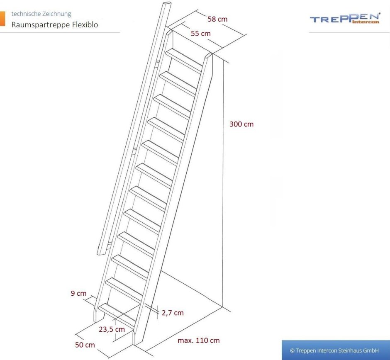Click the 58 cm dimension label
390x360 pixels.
(217, 19)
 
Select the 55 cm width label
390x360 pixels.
(201, 33)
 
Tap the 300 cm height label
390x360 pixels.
(241, 124)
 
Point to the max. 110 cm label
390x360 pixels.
(198, 341)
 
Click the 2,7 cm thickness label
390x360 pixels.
(173, 313)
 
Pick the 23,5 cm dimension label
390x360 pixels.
(112, 329)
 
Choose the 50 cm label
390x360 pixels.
(85, 345)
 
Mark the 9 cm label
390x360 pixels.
(78, 293)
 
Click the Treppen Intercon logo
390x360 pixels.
(345, 18)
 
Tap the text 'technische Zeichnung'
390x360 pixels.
(41, 14)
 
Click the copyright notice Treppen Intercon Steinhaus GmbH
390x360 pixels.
(334, 350)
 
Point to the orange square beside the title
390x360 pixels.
(2, 18)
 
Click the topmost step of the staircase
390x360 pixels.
(184, 60)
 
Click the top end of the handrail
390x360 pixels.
(167, 4)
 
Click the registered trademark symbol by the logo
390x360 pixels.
(379, 14)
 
